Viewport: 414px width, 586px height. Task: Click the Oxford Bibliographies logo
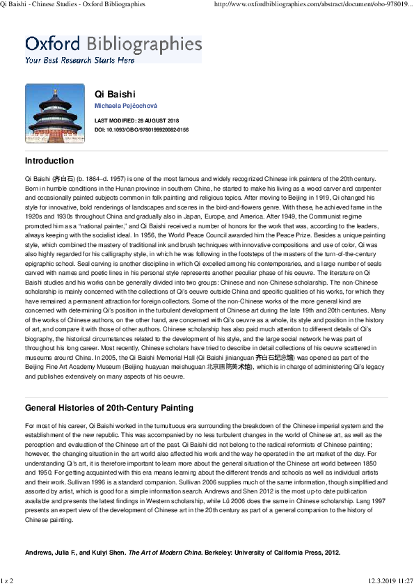(113, 44)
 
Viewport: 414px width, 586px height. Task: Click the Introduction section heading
(49, 161)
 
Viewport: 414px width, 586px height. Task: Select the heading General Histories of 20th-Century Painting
(109, 408)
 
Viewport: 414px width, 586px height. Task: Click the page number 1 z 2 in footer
(8, 580)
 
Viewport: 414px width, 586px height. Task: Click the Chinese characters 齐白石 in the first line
(59, 180)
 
